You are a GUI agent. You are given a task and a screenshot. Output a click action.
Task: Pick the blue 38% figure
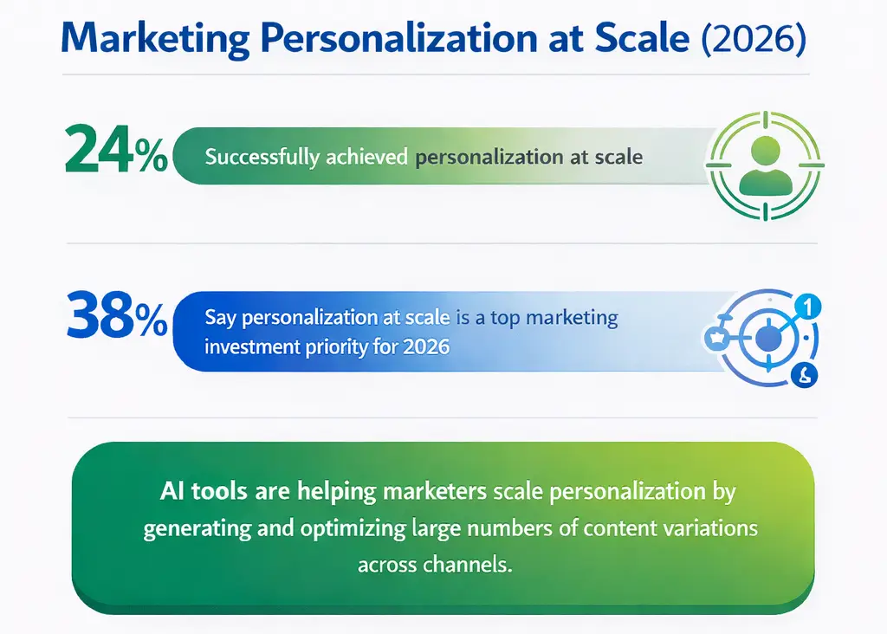115,320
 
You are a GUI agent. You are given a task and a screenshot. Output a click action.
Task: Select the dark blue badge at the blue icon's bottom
804,375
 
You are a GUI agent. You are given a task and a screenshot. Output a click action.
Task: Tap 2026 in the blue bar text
426,347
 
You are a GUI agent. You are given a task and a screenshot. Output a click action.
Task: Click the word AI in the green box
172,491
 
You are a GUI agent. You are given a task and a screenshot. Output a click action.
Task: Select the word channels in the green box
468,565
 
